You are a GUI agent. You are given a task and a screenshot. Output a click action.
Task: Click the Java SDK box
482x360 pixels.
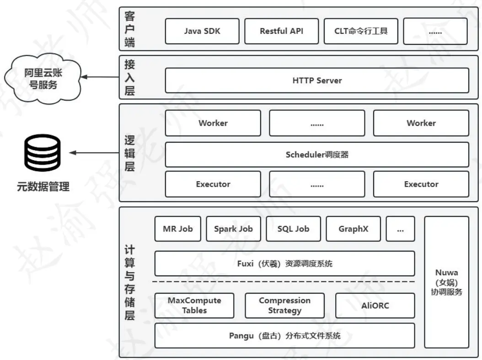(202, 31)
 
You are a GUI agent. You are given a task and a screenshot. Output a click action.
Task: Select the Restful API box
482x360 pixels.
(281, 31)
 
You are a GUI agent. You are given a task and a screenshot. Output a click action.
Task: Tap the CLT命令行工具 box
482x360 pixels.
(361, 31)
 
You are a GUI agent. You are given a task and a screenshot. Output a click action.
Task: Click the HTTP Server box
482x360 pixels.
(317, 81)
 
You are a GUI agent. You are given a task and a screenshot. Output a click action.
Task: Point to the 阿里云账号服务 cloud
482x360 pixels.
(43, 79)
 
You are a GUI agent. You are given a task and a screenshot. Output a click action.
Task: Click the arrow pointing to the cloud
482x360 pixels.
(100, 77)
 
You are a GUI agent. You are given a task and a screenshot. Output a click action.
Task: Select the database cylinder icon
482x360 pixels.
(43, 153)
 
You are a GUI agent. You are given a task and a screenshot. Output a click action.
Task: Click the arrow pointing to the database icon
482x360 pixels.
(94, 153)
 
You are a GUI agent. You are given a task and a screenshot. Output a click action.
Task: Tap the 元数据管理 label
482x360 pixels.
(43, 187)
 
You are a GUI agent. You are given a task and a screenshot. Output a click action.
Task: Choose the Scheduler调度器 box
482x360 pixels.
(317, 155)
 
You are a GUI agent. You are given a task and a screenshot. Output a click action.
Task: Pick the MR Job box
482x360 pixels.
(178, 229)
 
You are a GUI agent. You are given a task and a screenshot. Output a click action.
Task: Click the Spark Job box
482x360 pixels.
(233, 229)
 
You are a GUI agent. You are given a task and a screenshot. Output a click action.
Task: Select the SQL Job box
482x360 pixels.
(293, 229)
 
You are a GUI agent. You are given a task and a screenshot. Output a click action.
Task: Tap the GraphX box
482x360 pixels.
(353, 229)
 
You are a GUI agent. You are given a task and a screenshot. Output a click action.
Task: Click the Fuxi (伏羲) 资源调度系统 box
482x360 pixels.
(284, 263)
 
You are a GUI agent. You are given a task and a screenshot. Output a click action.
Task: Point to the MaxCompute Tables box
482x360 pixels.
(194, 306)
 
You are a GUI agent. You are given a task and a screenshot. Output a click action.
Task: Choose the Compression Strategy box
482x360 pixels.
(284, 306)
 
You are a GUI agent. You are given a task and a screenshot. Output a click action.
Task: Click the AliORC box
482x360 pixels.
(375, 306)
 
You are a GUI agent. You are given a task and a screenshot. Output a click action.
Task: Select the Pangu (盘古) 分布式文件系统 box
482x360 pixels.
(284, 336)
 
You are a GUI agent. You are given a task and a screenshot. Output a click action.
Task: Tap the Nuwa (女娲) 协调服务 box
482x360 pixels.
(447, 282)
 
